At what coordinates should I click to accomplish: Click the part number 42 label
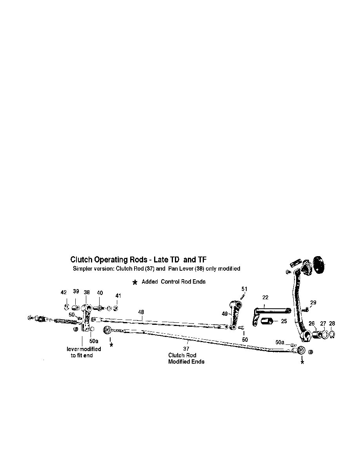(64, 293)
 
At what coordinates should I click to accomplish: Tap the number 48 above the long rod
(141, 312)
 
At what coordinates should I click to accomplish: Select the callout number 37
(186, 349)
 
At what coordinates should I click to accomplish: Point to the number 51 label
(244, 289)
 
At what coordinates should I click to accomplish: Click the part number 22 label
(265, 297)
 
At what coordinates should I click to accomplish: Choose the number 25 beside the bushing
(284, 321)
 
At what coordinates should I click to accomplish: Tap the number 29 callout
(313, 302)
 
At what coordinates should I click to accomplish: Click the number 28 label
(332, 324)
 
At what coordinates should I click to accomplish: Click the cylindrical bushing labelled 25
(267, 321)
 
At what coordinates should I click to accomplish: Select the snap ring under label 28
(333, 335)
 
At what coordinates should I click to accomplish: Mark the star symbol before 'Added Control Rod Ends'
(135, 282)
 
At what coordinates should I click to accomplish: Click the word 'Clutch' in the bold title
(81, 260)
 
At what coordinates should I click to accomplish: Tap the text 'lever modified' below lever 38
(84, 349)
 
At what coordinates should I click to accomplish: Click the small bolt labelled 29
(306, 309)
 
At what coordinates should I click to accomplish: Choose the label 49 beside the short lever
(225, 313)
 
